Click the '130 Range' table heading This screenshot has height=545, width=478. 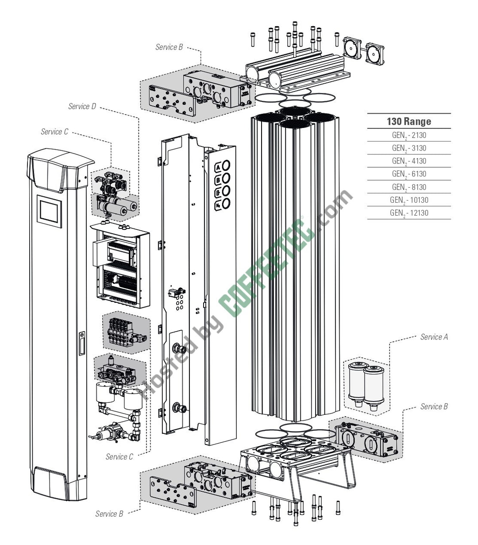pos(409,121)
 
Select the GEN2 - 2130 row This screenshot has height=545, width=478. pos(409,135)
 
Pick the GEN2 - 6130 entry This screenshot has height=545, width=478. pos(409,174)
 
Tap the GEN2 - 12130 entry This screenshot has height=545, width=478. pos(409,213)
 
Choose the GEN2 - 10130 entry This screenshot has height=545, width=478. pos(409,200)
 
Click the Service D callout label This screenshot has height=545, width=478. pos(82,106)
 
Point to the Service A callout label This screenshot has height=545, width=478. pos(434,337)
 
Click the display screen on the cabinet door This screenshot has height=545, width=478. pos(49,211)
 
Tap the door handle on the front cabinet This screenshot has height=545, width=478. pos(82,344)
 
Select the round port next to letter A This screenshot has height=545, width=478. pos(226,166)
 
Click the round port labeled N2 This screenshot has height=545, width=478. pos(226,204)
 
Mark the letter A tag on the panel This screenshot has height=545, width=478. pos(218,167)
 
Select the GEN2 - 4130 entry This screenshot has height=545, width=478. pos(409,161)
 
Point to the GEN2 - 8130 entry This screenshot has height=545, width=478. pos(409,187)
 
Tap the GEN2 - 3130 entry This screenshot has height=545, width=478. pos(409,148)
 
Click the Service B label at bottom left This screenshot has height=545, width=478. pos(109,514)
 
